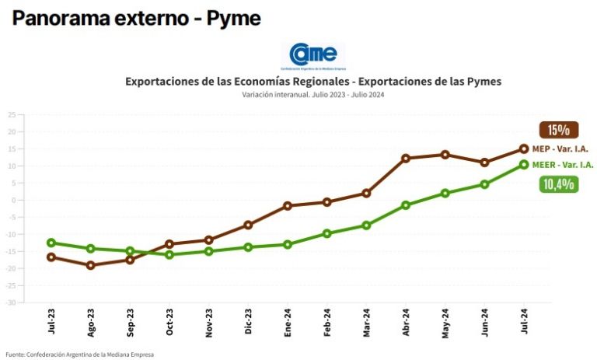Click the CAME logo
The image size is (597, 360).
click(312, 55)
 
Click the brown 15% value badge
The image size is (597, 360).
click(558, 130)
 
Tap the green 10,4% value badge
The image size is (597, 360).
click(558, 184)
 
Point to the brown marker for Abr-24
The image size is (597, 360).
click(406, 159)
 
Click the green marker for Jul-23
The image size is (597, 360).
click(51, 243)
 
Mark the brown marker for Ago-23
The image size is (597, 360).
click(91, 265)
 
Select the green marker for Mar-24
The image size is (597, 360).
click(366, 225)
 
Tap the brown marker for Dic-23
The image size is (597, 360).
click(248, 225)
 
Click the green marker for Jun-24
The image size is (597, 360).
click(484, 184)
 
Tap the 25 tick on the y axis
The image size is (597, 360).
click(12, 114)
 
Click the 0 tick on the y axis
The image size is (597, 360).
click(13, 200)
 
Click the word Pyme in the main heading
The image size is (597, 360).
click(234, 18)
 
